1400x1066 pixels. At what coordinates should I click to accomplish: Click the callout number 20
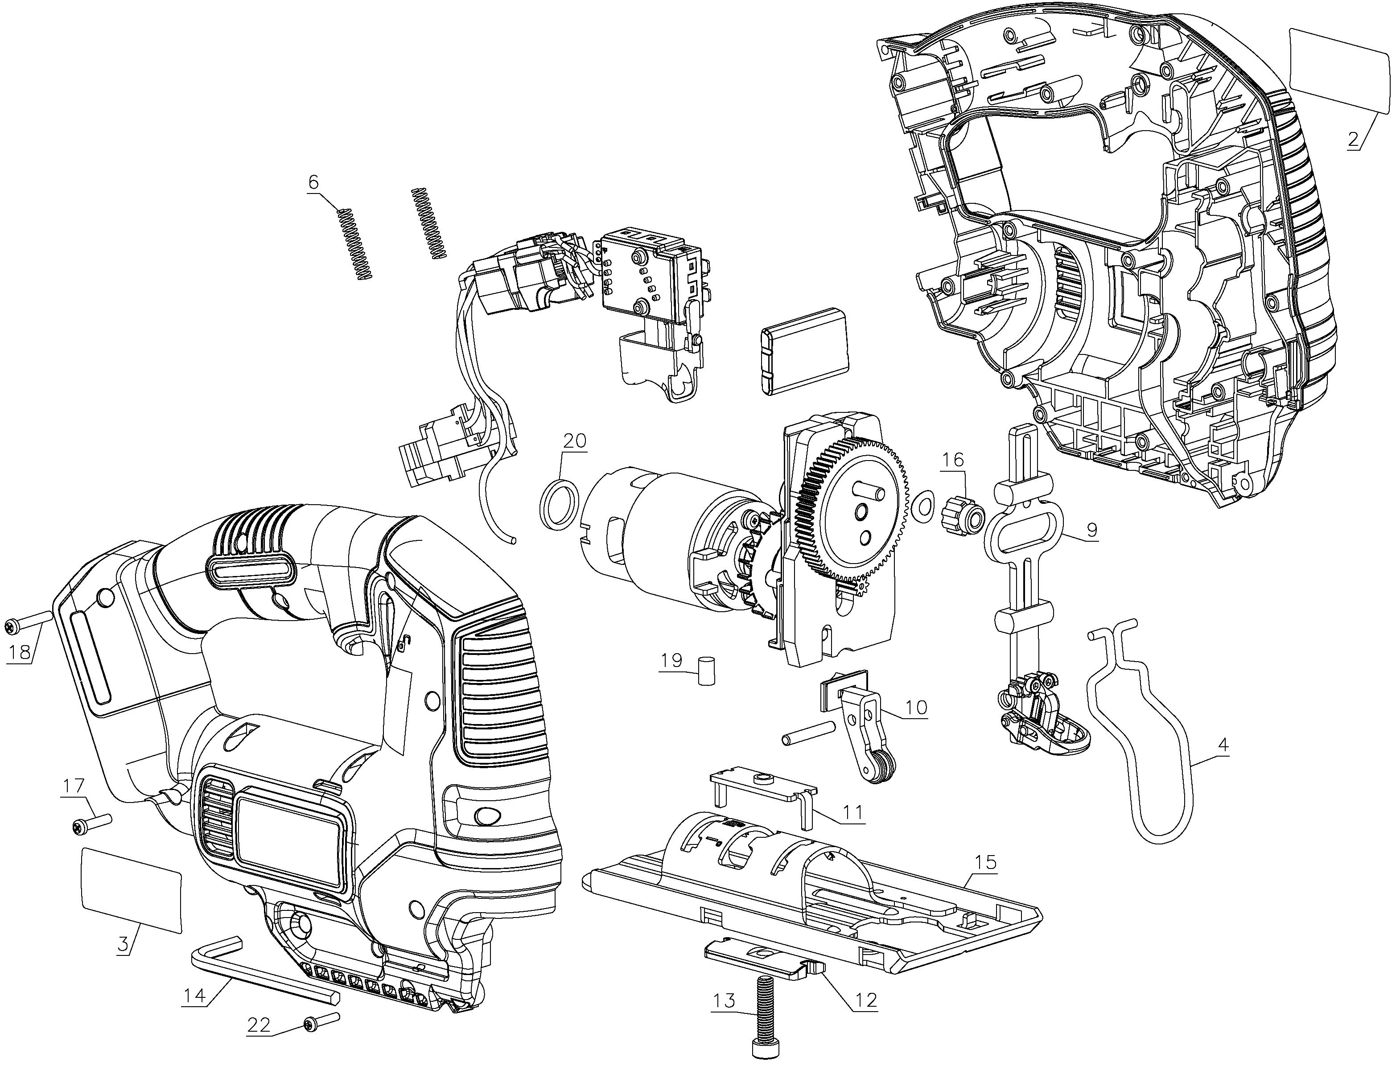click(574, 440)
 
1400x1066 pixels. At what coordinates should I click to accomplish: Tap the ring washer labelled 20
click(559, 504)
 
